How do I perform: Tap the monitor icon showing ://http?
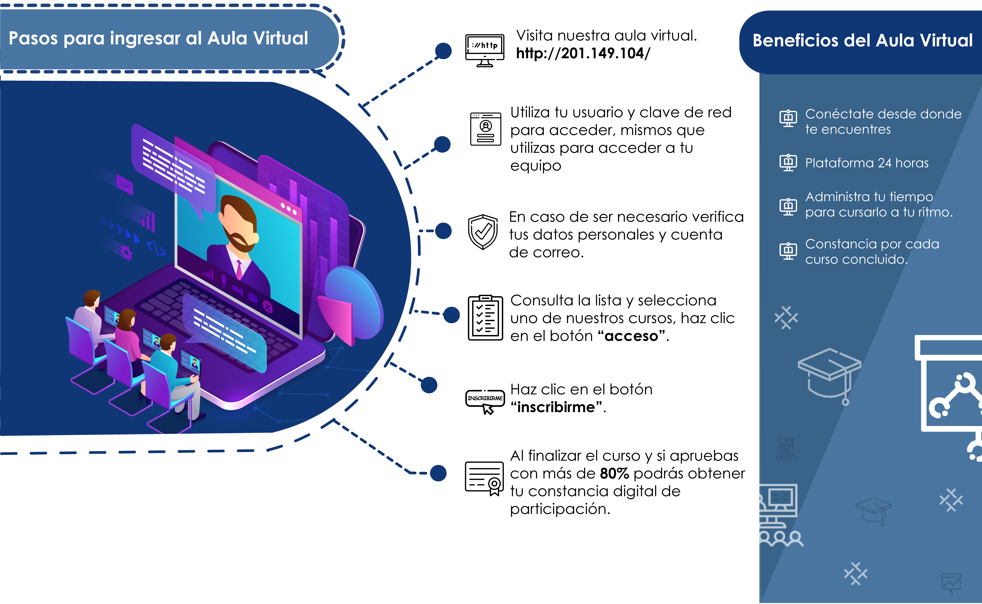[x=485, y=50]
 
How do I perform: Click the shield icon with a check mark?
[x=483, y=232]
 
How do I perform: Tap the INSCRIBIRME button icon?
[x=485, y=401]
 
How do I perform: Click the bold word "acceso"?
[x=631, y=336]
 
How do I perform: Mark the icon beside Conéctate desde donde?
[x=788, y=118]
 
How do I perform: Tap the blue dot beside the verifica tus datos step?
[x=443, y=231]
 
